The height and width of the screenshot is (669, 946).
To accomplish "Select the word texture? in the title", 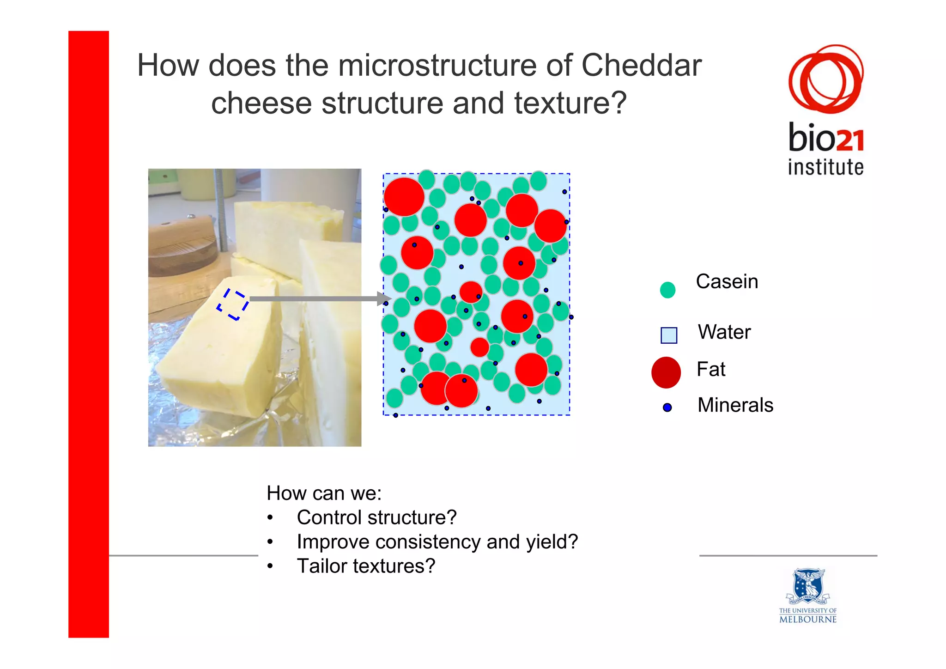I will coord(570,103).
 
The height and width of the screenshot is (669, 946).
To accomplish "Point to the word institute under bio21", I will coord(825,167).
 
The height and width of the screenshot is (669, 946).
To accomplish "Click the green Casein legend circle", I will coord(667,290).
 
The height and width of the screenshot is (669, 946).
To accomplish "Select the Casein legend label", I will coord(727,281).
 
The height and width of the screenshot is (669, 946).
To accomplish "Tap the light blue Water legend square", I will coord(668,335).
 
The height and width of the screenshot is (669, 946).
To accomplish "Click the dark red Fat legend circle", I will coord(666,372).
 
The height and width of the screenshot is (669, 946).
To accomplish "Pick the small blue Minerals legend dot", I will coord(667,407).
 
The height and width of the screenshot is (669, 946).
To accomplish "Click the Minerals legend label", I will coord(735,405).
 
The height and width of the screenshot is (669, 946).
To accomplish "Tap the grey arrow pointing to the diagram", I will coord(319,299).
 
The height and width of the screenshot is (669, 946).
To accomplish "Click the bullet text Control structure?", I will coord(376,517).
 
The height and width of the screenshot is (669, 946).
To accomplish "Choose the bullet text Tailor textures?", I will coord(365,566).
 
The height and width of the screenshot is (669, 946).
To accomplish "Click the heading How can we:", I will coord(324,493).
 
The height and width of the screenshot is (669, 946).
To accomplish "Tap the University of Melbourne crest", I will coord(808,586).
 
